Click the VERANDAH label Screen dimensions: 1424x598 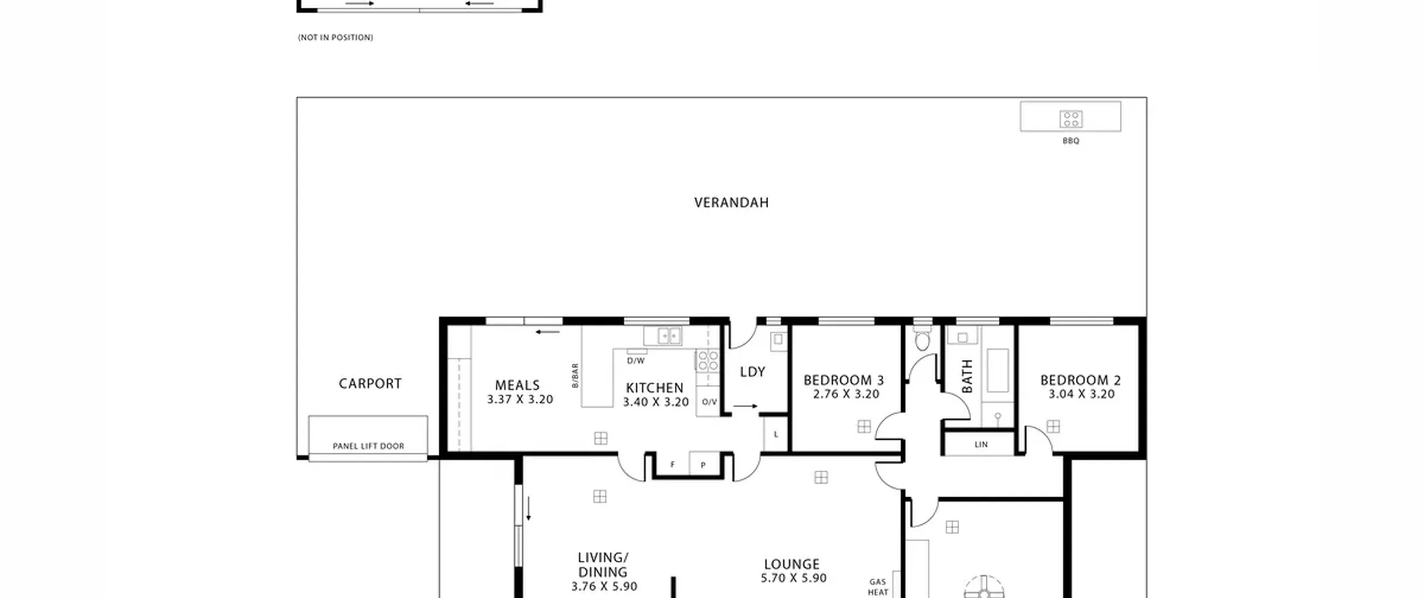(731, 202)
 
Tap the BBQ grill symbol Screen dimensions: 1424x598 (1070, 118)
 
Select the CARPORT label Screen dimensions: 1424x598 (370, 383)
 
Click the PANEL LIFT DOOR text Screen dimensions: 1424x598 (368, 446)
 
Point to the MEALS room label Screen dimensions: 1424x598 (517, 385)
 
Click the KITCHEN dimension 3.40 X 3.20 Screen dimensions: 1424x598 (656, 402)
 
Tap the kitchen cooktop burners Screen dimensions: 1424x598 (708, 360)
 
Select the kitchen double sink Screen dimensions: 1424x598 (670, 335)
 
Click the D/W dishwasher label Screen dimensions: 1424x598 (636, 360)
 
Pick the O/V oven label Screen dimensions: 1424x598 (709, 402)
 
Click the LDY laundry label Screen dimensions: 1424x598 (753, 372)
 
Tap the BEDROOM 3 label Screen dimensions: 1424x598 (844, 380)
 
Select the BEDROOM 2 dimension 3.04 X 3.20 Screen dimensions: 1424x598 (1081, 394)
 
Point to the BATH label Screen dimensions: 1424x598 (967, 376)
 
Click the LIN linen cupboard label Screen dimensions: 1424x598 (981, 444)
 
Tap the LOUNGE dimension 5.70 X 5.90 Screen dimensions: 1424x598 (794, 578)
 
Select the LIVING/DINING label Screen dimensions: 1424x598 (603, 565)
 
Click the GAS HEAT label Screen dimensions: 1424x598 (878, 587)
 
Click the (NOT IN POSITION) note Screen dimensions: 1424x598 (335, 37)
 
